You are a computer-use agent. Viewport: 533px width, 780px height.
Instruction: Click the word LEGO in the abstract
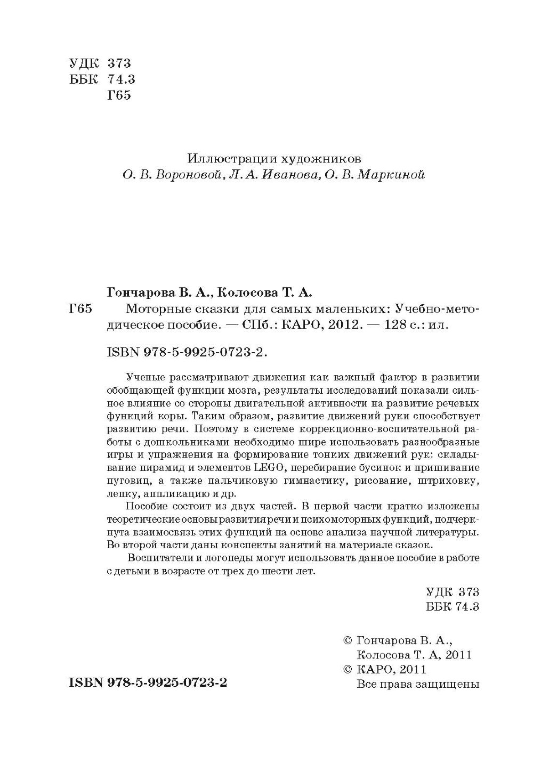(263, 468)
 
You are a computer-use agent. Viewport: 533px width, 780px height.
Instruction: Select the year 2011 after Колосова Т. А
(458, 654)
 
